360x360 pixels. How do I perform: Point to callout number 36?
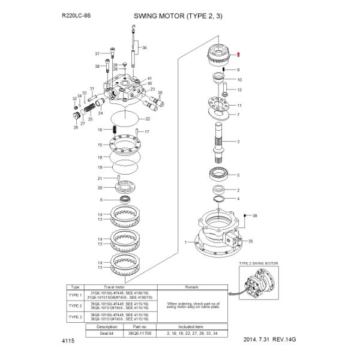point(144,47)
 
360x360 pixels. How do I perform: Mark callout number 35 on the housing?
point(251,241)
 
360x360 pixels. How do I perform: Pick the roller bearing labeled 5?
point(221,175)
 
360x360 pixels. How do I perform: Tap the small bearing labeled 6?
point(127,200)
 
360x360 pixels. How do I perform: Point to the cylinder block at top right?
point(221,57)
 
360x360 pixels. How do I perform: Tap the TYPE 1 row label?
point(76,295)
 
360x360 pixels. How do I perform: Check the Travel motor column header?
point(117,287)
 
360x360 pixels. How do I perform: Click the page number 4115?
point(68,341)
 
